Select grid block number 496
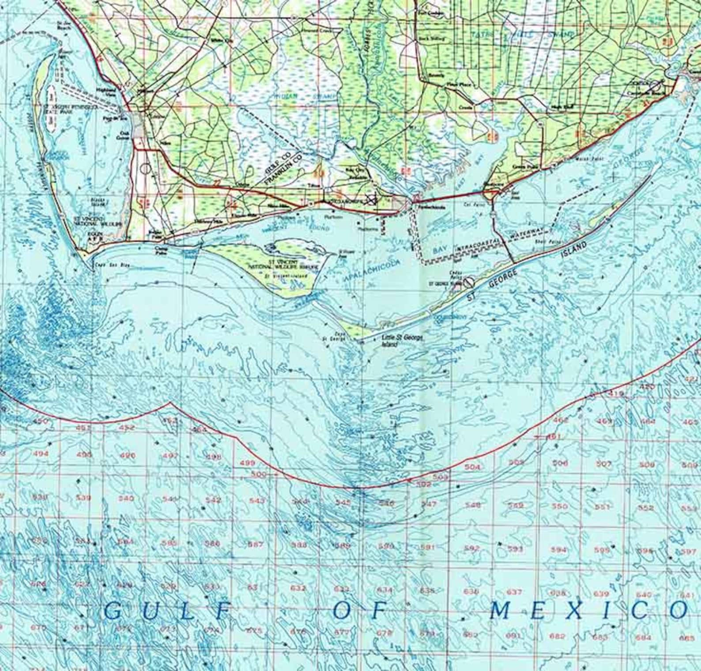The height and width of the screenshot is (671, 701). pos(128,455)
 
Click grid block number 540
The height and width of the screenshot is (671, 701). pos(126,499)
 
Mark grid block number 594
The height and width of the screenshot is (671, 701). pos(559,550)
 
